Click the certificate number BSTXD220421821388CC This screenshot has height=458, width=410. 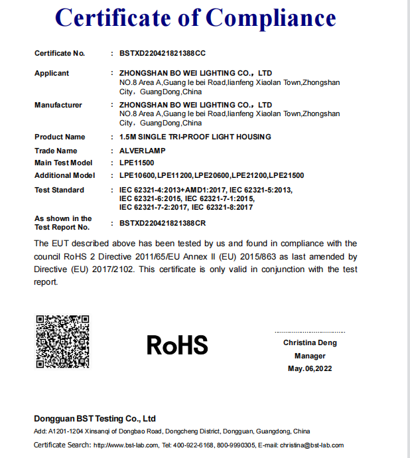click(x=163, y=52)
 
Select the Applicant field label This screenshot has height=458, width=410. click(x=52, y=73)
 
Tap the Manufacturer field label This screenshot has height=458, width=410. click(x=58, y=105)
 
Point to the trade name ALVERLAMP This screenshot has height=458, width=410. click(x=143, y=151)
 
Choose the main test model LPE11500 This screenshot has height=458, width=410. click(x=137, y=163)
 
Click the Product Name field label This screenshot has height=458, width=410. click(x=60, y=137)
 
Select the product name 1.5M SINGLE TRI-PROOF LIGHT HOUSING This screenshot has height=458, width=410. click(x=195, y=137)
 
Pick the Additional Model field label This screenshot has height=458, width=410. click(x=64, y=175)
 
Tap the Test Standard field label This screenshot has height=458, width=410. click(x=59, y=190)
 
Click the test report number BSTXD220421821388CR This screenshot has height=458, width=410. click(x=163, y=224)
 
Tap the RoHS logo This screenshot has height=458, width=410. click(x=177, y=344)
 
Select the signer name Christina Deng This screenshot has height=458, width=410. click(x=310, y=343)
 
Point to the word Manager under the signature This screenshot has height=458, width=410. click(x=310, y=356)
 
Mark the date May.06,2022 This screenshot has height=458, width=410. click(x=310, y=368)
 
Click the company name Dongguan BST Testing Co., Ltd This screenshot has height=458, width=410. click(x=95, y=419)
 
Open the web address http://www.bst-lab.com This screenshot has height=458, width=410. click(x=125, y=445)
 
